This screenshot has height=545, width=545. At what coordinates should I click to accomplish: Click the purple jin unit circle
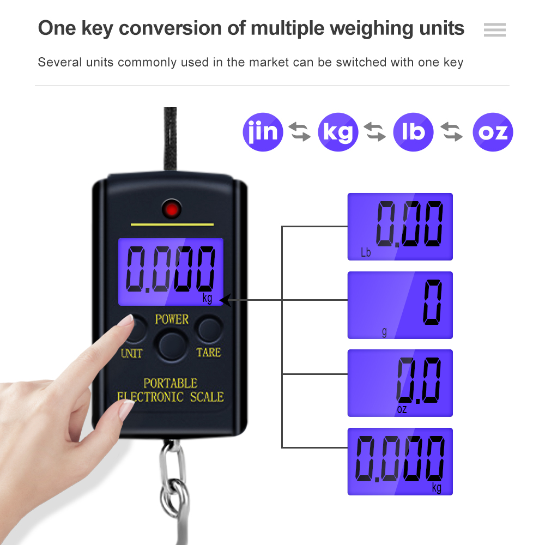coord(263,132)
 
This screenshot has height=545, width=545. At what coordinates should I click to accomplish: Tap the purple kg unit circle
coord(338,132)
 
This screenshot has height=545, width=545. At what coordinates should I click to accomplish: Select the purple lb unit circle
coord(413,132)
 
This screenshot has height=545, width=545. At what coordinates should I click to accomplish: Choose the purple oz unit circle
coord(493,132)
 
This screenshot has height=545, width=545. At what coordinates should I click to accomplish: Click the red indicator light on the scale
coord(171,209)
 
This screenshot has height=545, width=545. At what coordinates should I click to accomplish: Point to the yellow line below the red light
coord(172,225)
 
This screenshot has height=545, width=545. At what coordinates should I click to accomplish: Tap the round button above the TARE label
coord(209,329)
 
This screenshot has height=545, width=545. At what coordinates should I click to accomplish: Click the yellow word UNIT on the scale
coord(131,354)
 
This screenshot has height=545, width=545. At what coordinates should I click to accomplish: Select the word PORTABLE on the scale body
coord(170,383)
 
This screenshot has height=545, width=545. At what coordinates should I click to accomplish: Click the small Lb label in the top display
coord(366,252)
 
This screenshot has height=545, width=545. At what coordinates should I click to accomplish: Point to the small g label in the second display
coord(384,332)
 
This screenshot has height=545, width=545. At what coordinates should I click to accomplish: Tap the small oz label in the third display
coord(402,409)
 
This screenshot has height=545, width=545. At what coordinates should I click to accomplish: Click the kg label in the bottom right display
coord(437,487)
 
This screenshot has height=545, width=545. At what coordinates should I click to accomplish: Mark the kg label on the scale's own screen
coord(207,298)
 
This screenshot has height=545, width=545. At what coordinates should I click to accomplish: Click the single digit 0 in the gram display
coord(432,302)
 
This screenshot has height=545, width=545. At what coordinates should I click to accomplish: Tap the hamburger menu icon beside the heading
coord(495,29)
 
